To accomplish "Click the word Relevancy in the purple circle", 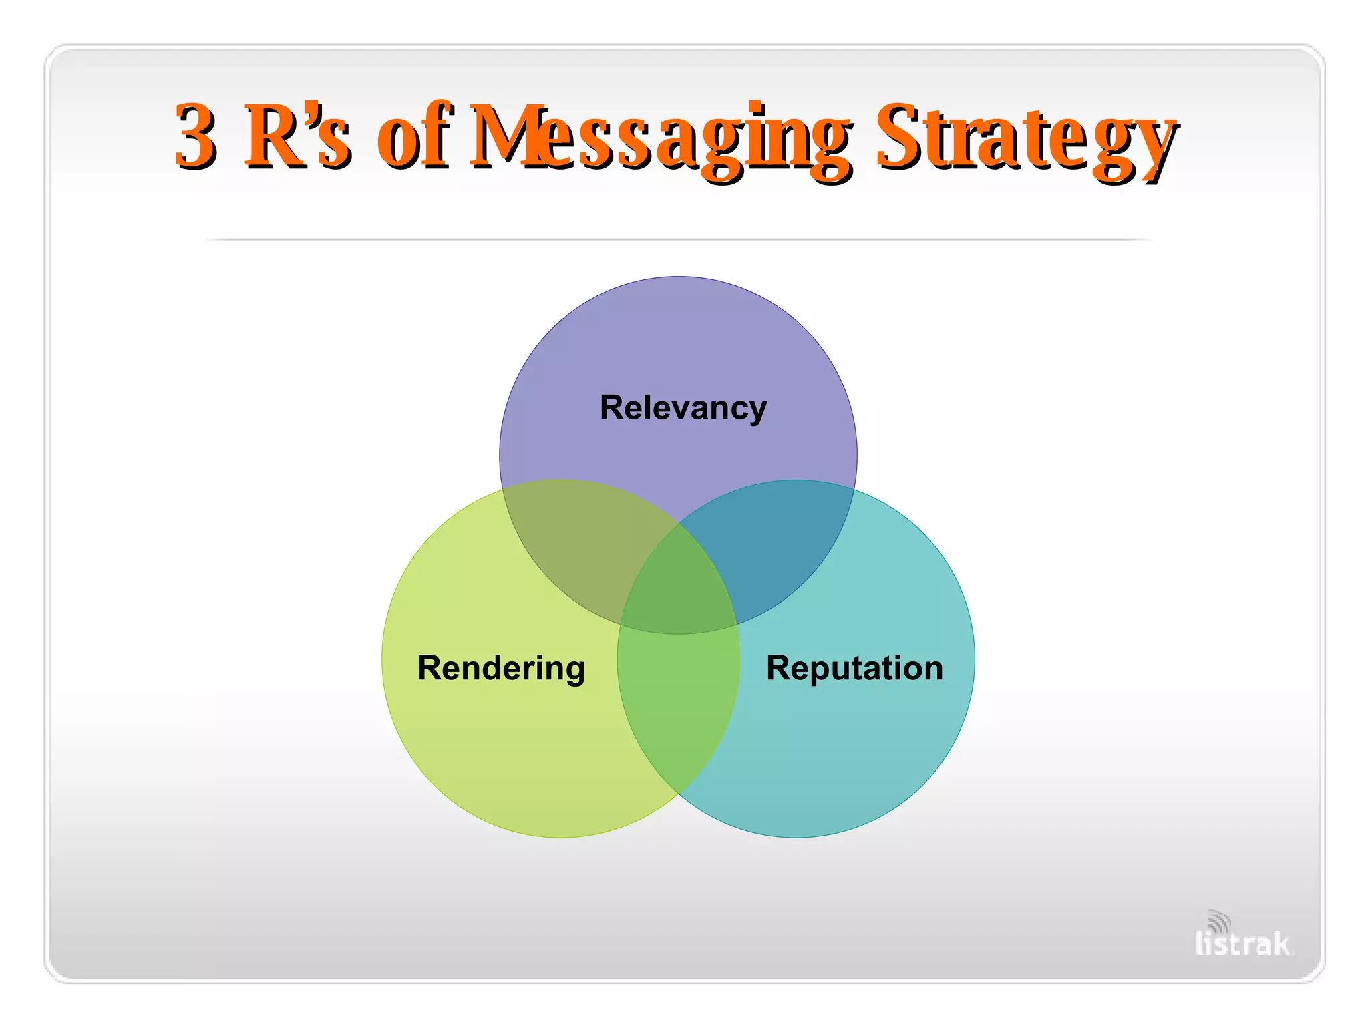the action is point(683,408).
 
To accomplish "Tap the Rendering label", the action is point(501,669).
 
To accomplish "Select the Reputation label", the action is point(854,669).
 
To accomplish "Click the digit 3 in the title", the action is point(195,137).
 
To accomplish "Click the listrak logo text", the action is point(1242,944).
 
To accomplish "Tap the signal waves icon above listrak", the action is point(1220,920).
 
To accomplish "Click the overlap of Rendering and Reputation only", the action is point(679,708).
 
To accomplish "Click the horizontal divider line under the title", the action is point(679,239).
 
